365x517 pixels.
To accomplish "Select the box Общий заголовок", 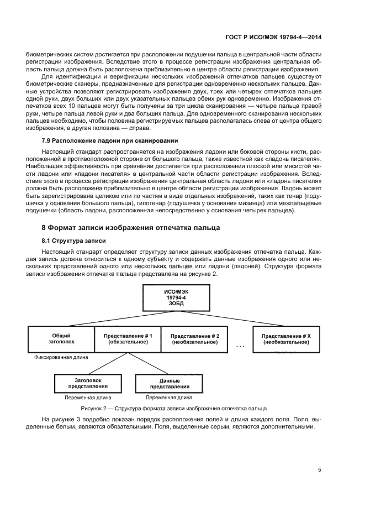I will pyautogui.click(x=61, y=338).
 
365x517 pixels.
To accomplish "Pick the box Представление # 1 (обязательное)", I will pyautogui.click(x=128, y=338).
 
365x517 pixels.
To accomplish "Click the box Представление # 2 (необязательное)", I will pyautogui.click(x=194, y=338).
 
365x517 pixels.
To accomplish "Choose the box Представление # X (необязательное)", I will pyautogui.click(x=285, y=338).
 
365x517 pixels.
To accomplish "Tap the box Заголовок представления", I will pyautogui.click(x=88, y=383).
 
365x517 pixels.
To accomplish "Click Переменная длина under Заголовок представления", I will pyautogui.click(x=88, y=397).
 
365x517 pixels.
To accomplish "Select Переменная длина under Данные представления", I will pyautogui.click(x=169, y=397).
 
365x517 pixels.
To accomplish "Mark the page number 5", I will pyautogui.click(x=319, y=470).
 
